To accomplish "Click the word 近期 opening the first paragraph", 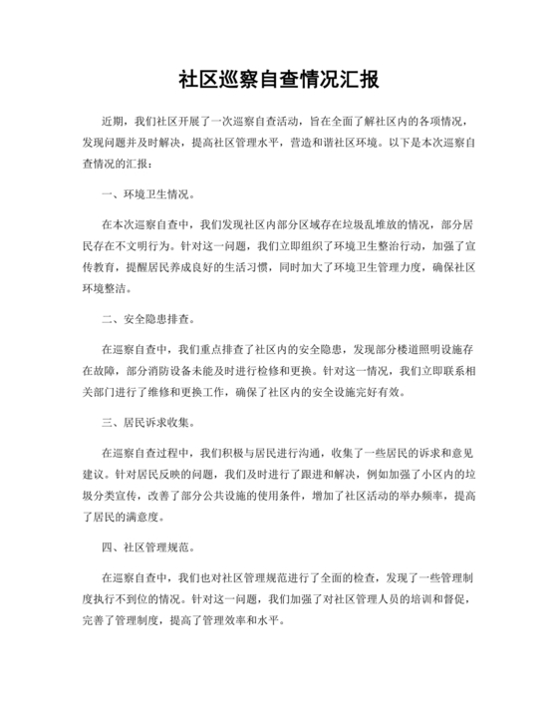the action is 114,117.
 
